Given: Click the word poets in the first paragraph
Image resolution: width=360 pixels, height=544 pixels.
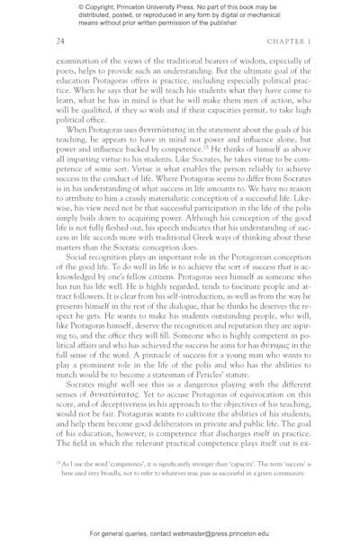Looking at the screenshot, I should [69, 72].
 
